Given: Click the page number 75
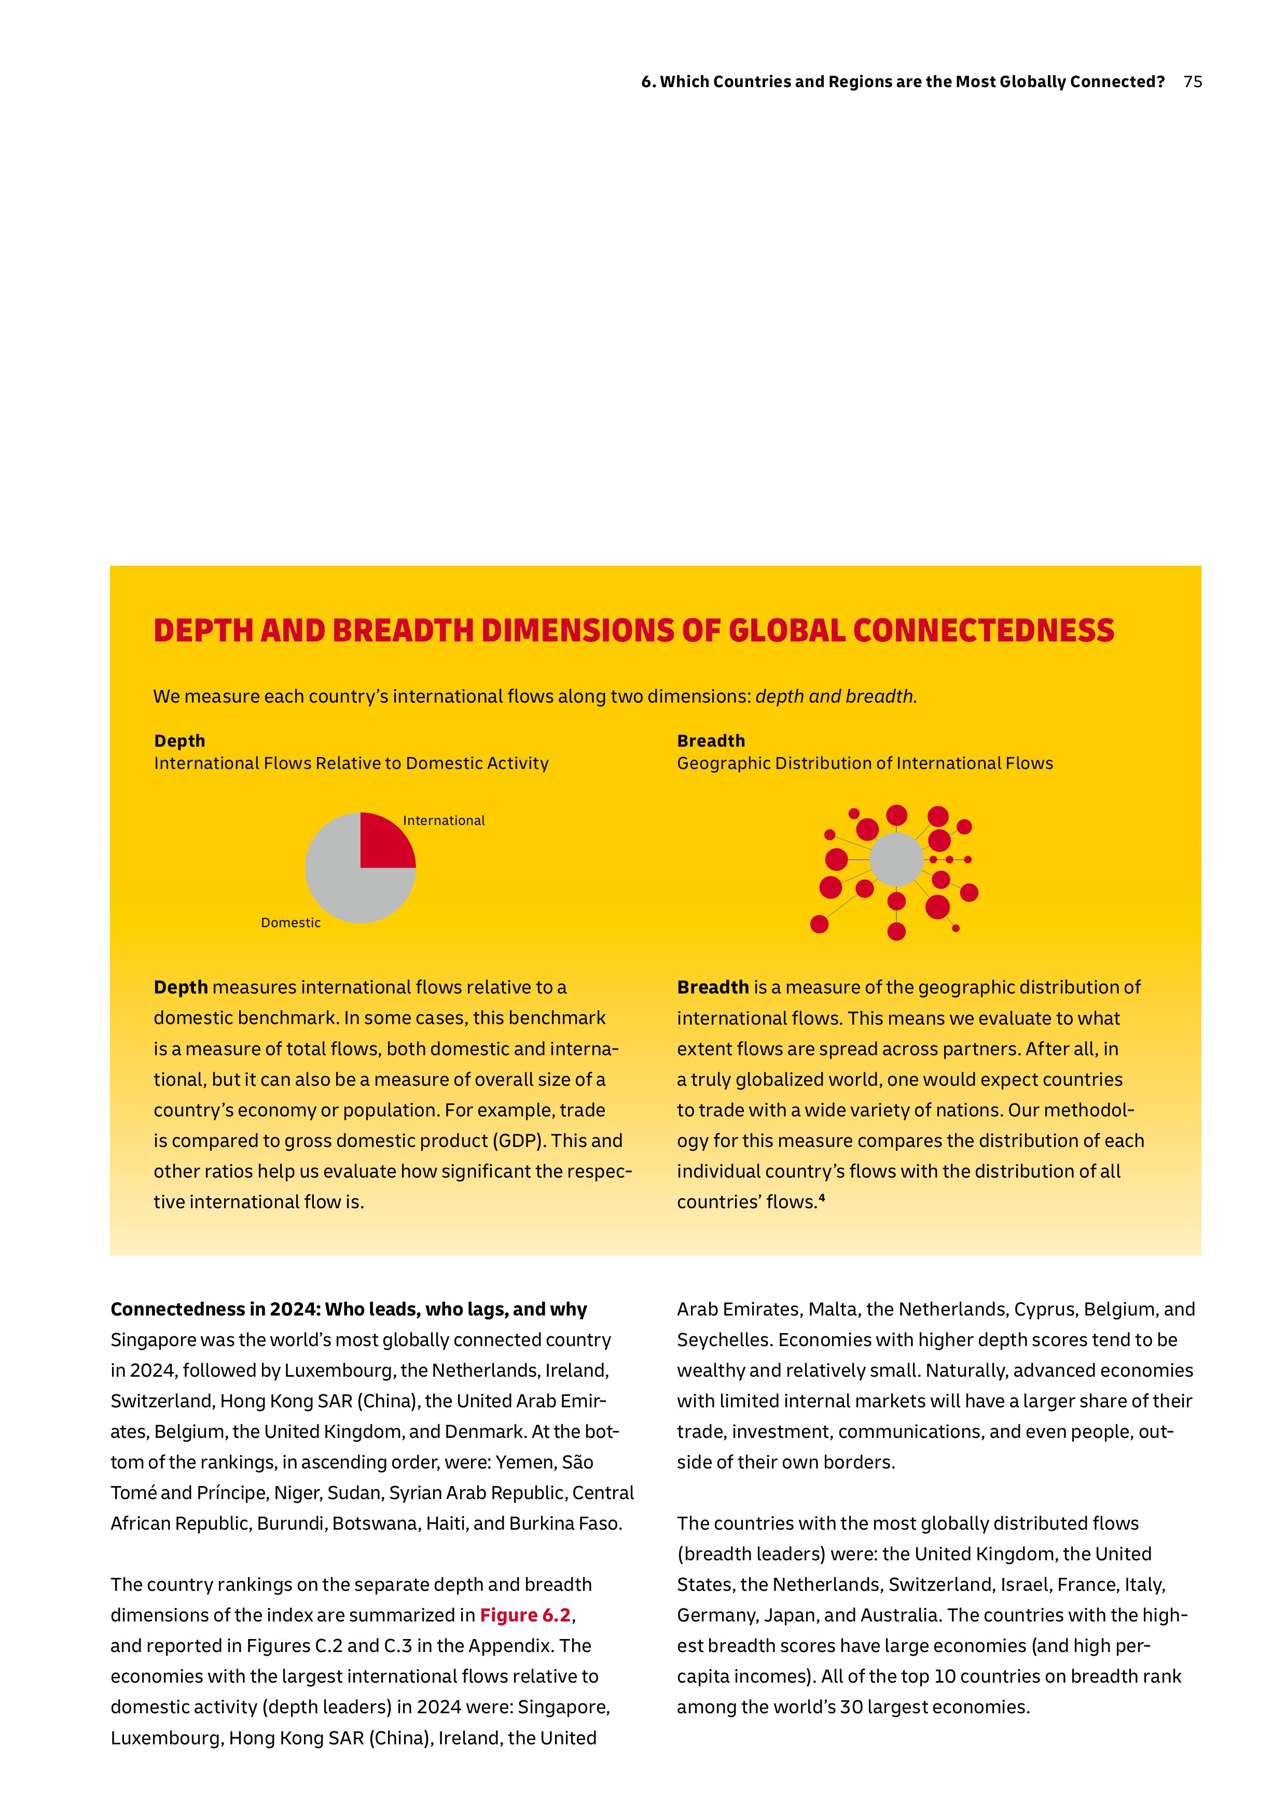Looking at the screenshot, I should click(x=1192, y=81).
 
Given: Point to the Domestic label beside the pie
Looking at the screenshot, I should click(x=291, y=923).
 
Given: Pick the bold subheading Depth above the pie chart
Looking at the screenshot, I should click(x=179, y=741).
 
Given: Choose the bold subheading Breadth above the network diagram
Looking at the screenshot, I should click(x=710, y=741).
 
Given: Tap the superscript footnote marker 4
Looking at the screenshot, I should click(x=822, y=1199).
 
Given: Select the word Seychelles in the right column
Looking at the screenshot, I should click(x=722, y=1340).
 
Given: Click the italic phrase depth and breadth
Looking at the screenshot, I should click(x=835, y=696).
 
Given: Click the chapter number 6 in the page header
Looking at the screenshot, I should click(x=645, y=81).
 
